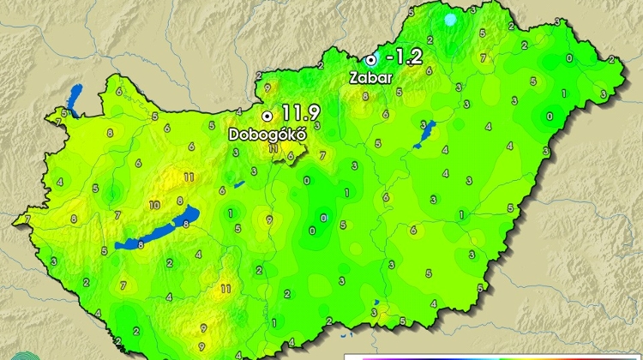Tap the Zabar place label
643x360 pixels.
pos(370,77)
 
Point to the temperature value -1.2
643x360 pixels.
pos(404,57)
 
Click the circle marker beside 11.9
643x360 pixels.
pos(267,114)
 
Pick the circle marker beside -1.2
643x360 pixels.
pos(370,59)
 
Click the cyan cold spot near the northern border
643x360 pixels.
pos(451,19)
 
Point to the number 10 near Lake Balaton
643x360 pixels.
pos(154,206)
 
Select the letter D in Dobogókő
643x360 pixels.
pos(233,135)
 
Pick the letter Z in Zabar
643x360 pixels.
pos(354,77)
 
